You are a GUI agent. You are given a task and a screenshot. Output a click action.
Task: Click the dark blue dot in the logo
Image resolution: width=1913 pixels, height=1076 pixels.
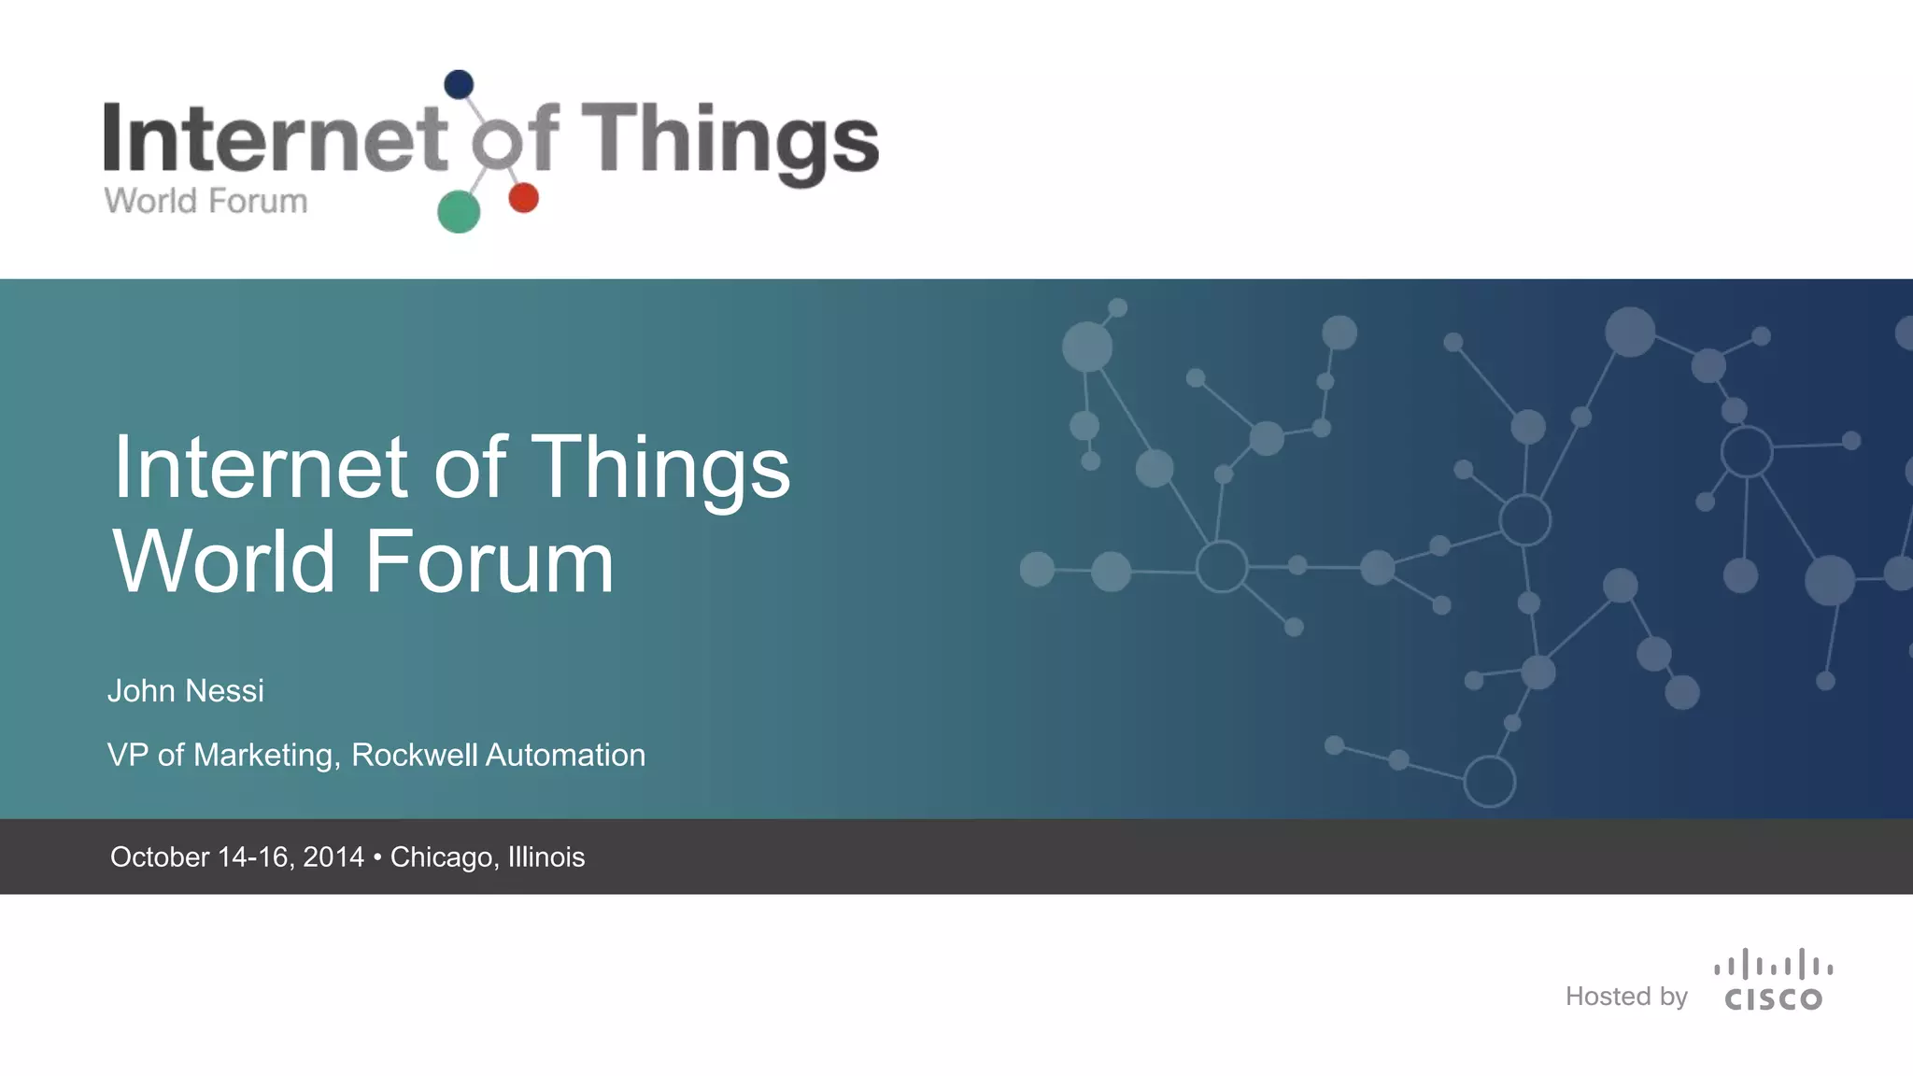pos(459,85)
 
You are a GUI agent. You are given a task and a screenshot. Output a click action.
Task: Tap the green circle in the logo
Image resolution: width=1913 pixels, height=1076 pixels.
pos(459,211)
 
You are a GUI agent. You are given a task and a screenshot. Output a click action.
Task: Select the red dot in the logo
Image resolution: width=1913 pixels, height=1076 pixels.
pos(523,198)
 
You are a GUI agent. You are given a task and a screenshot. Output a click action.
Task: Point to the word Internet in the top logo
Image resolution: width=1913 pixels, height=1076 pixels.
pos(275,138)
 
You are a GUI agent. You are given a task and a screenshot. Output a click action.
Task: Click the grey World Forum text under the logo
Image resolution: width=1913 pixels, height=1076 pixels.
pos(205,201)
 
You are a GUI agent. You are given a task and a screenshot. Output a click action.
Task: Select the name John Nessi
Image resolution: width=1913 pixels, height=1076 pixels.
pos(186,691)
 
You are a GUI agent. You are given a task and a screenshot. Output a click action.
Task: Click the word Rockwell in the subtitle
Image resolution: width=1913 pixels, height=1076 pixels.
pos(414,755)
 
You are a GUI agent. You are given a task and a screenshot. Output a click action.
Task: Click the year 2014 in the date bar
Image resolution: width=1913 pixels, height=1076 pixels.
pos(333,857)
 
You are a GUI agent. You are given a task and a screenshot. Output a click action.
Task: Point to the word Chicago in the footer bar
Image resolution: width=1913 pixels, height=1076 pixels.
pos(444,857)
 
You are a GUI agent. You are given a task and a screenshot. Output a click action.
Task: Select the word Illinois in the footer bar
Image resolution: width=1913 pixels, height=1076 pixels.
pos(546,857)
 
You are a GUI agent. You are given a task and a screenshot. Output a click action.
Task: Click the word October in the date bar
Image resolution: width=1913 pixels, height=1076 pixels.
pos(159,857)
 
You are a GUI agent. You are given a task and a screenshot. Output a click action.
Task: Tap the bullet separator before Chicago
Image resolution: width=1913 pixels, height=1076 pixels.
pos(377,857)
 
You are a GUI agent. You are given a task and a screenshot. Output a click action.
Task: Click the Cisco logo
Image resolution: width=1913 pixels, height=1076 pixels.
pos(1773,981)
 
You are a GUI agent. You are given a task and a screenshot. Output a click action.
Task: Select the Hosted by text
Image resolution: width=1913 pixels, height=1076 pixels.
pos(1626,997)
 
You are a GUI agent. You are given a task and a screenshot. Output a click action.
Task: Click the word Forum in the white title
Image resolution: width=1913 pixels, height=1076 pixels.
pos(489,562)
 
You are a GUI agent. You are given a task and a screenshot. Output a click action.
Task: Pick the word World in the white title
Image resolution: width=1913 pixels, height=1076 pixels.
pos(224,562)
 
